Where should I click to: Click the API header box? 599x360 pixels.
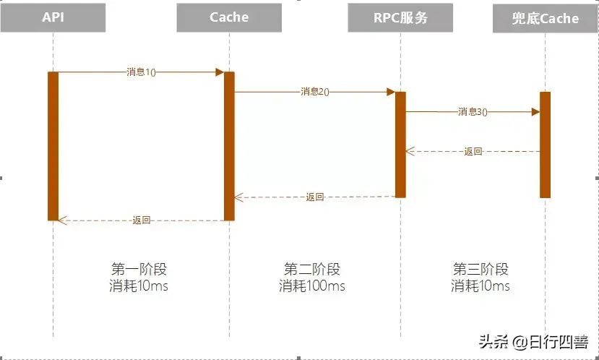tap(53, 17)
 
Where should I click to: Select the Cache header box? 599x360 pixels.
tap(229, 17)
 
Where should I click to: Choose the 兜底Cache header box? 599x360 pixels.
tap(546, 18)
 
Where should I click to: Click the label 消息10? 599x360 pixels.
tap(141, 72)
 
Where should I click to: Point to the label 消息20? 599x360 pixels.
tap(315, 92)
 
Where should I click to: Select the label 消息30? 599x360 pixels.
tap(473, 112)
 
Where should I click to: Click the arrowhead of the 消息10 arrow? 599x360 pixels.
tap(219, 72)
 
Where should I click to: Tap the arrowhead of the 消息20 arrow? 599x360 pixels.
tap(390, 92)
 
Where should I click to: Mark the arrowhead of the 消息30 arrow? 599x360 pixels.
tap(535, 112)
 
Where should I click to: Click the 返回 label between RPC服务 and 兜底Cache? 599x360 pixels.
tap(473, 152)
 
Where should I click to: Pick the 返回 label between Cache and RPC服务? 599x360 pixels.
tap(315, 197)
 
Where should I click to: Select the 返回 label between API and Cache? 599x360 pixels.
tap(142, 220)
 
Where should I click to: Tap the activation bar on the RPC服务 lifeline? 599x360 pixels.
tap(400, 144)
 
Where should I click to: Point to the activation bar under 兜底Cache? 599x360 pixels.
tap(546, 145)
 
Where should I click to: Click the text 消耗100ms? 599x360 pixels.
tap(312, 286)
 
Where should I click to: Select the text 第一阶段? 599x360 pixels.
tap(139, 270)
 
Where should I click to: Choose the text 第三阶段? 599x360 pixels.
tap(481, 270)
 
